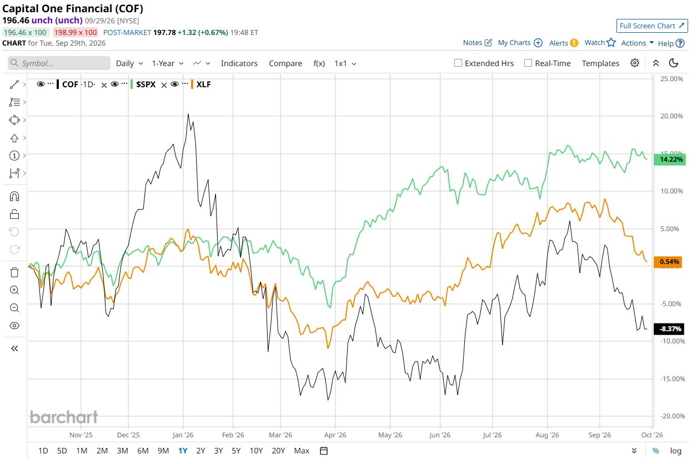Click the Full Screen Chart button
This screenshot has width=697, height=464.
[x=652, y=26]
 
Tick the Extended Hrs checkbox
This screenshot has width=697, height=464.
[x=458, y=63]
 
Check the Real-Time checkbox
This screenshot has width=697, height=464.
[x=528, y=63]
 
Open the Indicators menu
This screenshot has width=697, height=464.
[x=239, y=63]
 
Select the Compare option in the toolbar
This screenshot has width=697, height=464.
[x=285, y=63]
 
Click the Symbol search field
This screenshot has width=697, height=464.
[x=59, y=63]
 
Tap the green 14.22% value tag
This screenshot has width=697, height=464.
[x=670, y=159]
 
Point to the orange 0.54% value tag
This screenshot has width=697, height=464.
[x=668, y=262]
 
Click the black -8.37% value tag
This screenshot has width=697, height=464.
[x=669, y=329]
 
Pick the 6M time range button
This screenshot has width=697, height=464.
[x=143, y=451]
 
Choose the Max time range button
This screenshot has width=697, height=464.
[x=302, y=451]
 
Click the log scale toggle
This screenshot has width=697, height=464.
[x=675, y=451]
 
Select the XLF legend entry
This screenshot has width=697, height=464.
[x=203, y=84]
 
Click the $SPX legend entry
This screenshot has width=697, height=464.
[x=146, y=84]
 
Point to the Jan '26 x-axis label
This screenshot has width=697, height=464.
[x=183, y=435]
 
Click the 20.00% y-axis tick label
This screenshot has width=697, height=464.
[x=671, y=116]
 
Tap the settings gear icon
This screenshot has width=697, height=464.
[x=634, y=63]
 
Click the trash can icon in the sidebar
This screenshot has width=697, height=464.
[x=14, y=272]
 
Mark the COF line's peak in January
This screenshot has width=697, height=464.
[x=188, y=114]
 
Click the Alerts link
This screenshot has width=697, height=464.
[x=564, y=43]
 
